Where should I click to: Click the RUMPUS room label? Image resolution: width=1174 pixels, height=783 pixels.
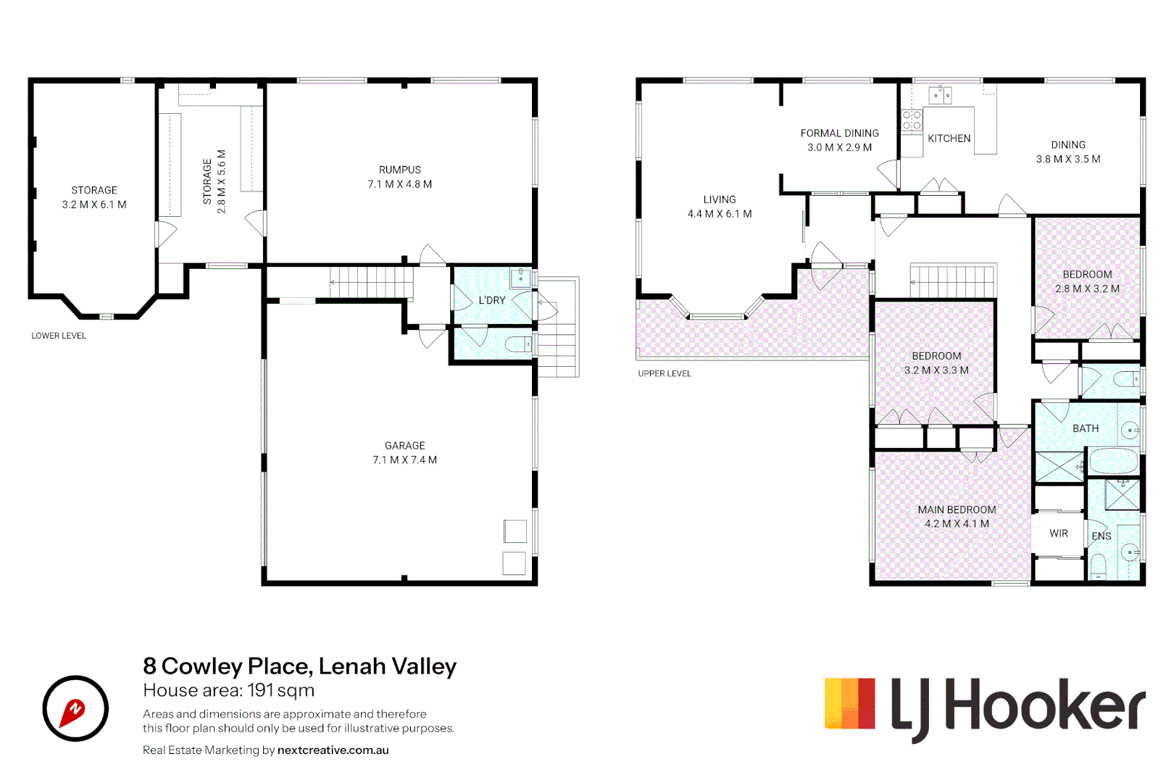(399, 170)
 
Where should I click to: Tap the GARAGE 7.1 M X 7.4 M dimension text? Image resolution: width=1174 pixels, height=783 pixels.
(404, 460)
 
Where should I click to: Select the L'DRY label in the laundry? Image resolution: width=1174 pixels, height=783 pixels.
(491, 300)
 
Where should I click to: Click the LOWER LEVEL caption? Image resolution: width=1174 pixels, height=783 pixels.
(59, 336)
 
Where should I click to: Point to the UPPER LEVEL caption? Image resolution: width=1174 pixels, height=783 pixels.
(665, 373)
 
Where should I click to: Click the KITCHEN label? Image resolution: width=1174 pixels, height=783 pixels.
(949, 138)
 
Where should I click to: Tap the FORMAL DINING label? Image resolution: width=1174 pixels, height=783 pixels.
(839, 133)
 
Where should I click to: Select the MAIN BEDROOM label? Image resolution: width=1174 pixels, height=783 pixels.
(957, 510)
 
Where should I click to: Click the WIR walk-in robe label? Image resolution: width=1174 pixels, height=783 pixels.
(1058, 534)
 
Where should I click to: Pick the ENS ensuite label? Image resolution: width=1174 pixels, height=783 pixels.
(1101, 536)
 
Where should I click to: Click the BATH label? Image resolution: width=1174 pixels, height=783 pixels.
(1085, 428)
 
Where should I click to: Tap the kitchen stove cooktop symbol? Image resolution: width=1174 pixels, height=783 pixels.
(912, 120)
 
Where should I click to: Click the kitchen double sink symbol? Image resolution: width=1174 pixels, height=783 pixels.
(941, 95)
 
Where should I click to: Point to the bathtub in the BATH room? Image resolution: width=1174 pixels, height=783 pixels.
(1113, 461)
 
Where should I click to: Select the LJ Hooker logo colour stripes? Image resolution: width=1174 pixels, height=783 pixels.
(849, 703)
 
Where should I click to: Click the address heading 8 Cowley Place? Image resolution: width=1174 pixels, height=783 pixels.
(299, 666)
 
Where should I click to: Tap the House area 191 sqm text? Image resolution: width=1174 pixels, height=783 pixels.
(228, 690)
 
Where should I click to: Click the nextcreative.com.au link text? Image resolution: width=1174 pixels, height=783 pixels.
(333, 750)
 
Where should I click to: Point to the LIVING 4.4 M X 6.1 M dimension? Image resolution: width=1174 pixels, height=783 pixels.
(719, 214)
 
